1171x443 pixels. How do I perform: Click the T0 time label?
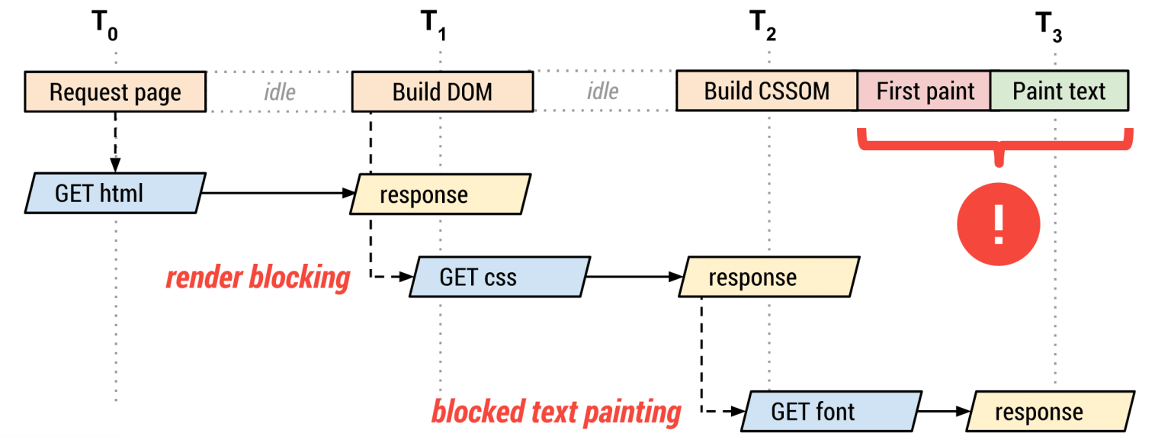105,25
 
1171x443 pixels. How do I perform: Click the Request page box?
115,92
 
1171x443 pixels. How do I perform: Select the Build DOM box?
442,92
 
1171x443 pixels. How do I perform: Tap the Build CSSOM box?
766,91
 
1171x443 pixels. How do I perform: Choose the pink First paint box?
925,91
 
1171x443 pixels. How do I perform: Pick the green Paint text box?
1058,91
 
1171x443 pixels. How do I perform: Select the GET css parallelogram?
500,277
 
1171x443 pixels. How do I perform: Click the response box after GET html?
440,194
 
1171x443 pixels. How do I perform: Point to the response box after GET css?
768,277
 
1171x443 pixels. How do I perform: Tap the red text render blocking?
258,278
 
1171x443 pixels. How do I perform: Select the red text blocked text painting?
556,413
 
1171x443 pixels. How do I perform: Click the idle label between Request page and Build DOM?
280,92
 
